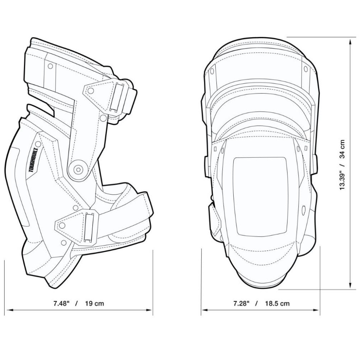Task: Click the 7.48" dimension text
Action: [61, 303]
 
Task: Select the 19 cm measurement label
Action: [94, 303]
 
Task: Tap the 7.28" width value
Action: [240, 303]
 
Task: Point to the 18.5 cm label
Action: [277, 303]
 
